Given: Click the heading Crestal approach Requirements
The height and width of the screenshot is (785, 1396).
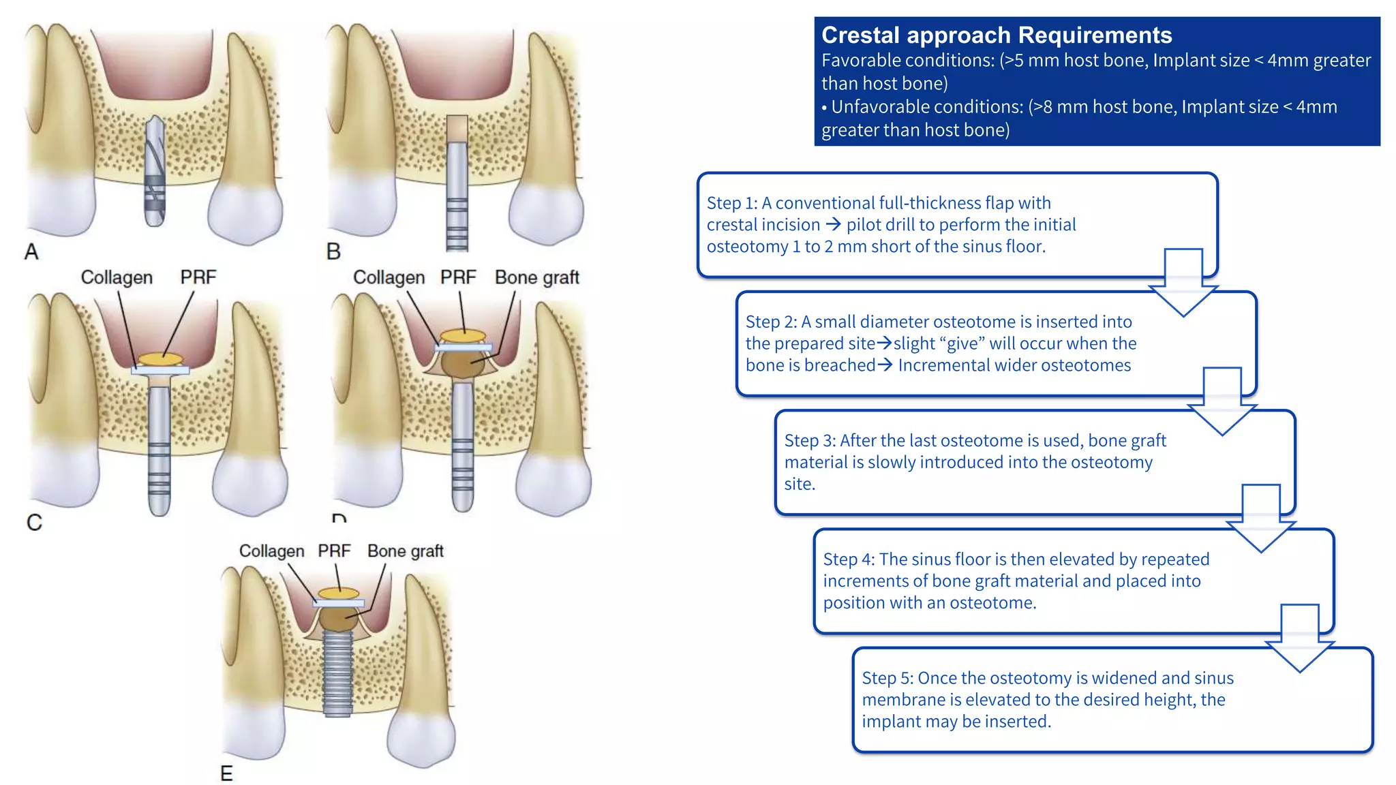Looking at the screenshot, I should (x=996, y=35).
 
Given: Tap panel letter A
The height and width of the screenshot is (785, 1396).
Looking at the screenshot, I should (x=31, y=252).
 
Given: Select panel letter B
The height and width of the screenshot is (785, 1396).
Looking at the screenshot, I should (x=333, y=251).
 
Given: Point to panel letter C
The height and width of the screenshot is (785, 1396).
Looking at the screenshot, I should (x=34, y=523).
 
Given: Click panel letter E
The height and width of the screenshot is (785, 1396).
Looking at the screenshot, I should (x=226, y=773).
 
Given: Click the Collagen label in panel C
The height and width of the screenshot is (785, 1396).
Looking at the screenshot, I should (x=117, y=277).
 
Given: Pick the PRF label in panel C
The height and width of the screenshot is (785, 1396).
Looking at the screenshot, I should (x=198, y=277).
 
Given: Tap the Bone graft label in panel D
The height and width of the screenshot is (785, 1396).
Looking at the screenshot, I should (x=536, y=277).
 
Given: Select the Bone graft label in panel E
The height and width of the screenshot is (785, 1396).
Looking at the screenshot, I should (x=405, y=551).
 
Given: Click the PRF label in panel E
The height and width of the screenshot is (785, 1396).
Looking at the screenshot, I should (x=334, y=551).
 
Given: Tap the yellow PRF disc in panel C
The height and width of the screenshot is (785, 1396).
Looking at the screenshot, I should (x=161, y=358).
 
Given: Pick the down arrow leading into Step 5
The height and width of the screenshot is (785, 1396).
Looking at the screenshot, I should (x=1299, y=638).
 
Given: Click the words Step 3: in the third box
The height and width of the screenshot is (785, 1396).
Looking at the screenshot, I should (x=809, y=441).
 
